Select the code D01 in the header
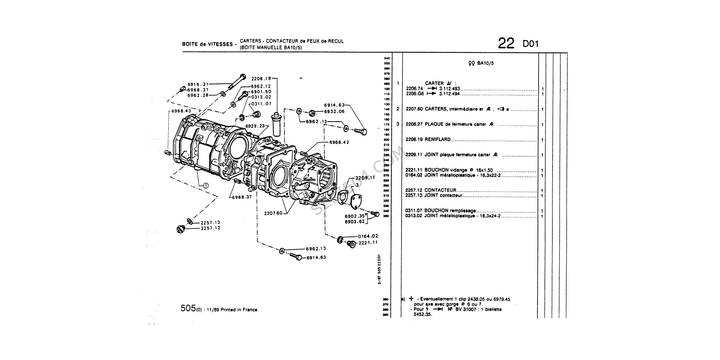530,44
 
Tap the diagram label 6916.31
198,84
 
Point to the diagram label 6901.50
261,92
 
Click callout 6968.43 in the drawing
181,111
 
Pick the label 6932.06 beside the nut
334,111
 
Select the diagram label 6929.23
255,126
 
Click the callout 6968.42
339,142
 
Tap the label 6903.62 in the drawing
354,222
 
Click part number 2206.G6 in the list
415,94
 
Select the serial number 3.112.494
449,94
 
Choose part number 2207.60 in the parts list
414,109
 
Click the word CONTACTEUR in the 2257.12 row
440,190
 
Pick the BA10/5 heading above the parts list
485,63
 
